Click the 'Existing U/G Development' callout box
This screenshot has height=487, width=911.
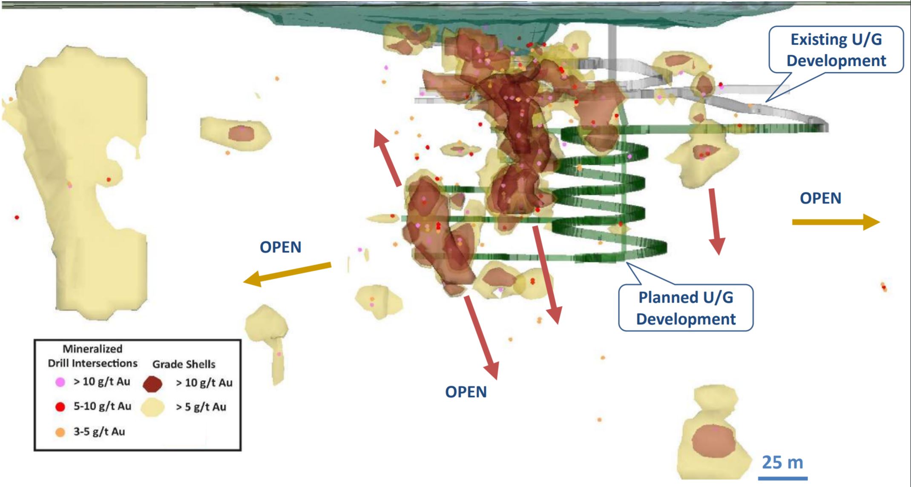[x=836, y=50]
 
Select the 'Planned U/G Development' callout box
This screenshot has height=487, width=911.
[x=686, y=308]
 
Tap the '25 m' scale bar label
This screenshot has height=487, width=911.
[x=782, y=462]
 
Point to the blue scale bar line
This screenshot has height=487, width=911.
[x=783, y=478]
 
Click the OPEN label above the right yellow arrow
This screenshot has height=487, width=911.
[x=820, y=198]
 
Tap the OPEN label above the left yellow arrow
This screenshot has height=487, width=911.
[x=280, y=247]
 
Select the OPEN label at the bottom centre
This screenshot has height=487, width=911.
[x=466, y=392]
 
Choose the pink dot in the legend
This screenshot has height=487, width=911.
[x=60, y=382]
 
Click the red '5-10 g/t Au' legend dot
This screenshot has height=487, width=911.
[x=60, y=407]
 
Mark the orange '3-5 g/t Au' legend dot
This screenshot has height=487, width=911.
[x=60, y=432]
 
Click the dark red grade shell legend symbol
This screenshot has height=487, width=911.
[x=152, y=384]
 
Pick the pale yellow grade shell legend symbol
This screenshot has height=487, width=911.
[x=152, y=407]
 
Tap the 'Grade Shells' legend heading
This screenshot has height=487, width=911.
[x=184, y=364]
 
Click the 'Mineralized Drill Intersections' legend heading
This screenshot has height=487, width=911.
[x=92, y=356]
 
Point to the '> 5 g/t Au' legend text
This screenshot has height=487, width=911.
[x=201, y=407]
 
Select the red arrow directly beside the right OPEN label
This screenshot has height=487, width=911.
[x=715, y=221]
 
